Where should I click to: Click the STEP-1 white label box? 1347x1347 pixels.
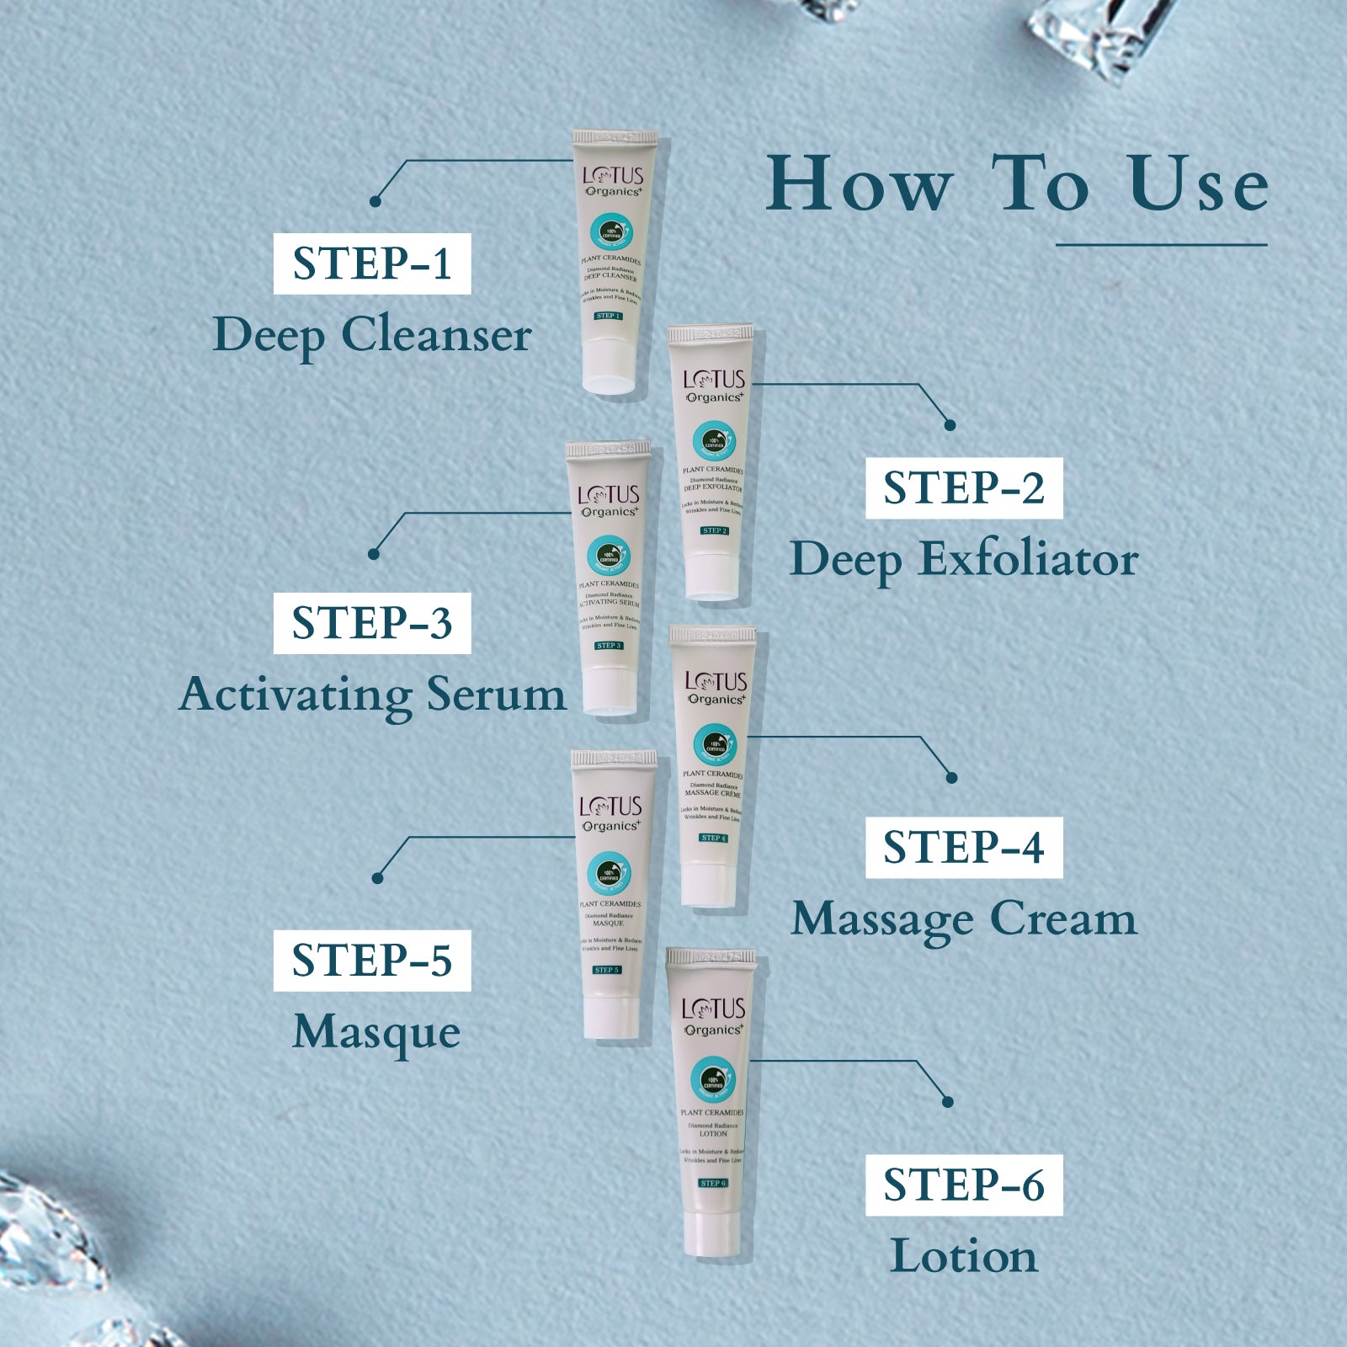pos(371,264)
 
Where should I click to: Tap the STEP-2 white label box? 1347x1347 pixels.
pos(964,488)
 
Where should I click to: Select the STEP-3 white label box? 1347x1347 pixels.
pos(371,623)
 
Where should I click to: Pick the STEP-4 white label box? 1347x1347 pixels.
pos(964,848)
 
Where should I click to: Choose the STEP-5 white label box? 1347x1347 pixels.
pos(371,961)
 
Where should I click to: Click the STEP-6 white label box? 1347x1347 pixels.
pos(964,1185)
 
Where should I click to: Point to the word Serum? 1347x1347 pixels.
pos(495,695)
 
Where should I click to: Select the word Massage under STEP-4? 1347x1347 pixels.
pos(883,919)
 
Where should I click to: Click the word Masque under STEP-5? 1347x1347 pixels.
pos(376,1033)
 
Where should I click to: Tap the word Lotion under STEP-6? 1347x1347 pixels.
pos(964,1256)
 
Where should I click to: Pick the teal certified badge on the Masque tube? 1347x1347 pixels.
pos(609,872)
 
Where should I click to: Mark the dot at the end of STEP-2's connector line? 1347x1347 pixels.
pos(950,425)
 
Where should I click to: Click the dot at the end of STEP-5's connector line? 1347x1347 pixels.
pos(377,878)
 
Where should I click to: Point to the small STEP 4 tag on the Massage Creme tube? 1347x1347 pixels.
pos(712,838)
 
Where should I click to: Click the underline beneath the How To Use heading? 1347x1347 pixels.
pos(1161,245)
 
